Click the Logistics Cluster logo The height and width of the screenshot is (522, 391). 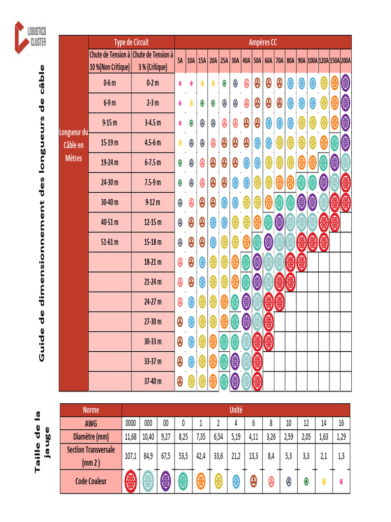(30, 36)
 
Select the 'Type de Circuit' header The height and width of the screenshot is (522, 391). (131, 42)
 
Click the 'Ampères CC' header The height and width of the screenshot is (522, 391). (263, 42)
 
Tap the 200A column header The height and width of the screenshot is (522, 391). (346, 60)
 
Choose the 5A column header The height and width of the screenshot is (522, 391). (180, 60)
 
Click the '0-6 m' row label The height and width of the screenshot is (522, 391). (110, 83)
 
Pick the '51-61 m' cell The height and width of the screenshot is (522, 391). (110, 242)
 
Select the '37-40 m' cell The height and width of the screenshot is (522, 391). (153, 381)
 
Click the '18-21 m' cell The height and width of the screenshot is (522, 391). (153, 262)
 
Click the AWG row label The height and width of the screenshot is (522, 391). (91, 424)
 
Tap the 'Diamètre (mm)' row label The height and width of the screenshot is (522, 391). (91, 437)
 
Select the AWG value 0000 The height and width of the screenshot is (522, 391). (131, 424)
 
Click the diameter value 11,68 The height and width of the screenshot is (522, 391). (131, 437)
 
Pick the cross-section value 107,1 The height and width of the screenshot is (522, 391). (131, 456)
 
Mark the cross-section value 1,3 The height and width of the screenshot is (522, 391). (341, 456)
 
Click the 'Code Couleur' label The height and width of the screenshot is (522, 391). (91, 481)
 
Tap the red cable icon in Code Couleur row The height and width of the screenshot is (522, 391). (131, 481)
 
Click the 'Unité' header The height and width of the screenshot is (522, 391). (236, 410)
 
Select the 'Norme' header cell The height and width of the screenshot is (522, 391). (91, 410)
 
